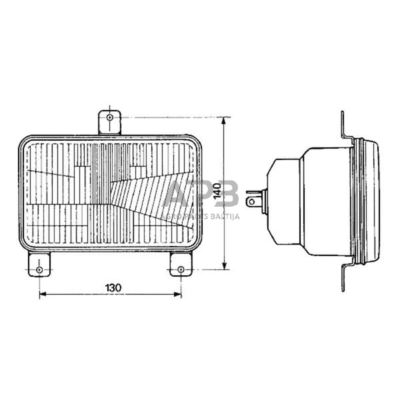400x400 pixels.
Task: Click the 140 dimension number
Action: (x=216, y=193)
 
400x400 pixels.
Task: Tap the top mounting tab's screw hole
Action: (x=109, y=117)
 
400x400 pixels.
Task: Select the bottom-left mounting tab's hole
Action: (x=39, y=269)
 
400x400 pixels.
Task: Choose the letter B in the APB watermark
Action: (x=227, y=193)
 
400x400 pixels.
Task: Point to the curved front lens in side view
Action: (x=375, y=200)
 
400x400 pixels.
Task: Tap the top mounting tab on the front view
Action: (x=109, y=123)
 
